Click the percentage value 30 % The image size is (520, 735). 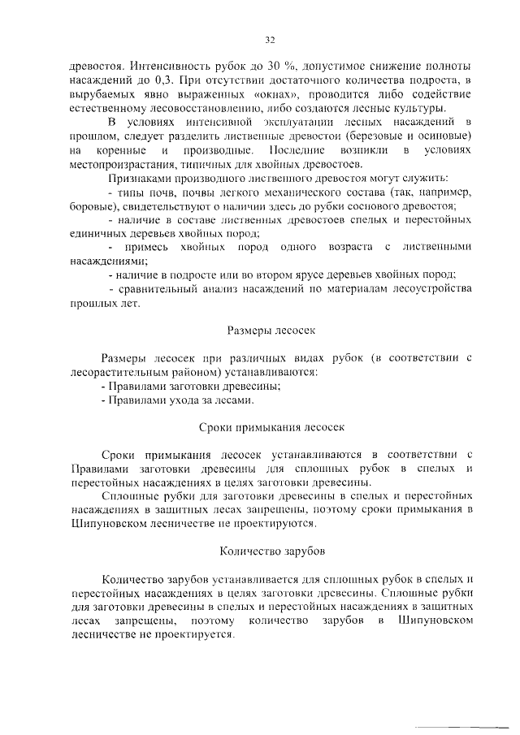pos(282,65)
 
